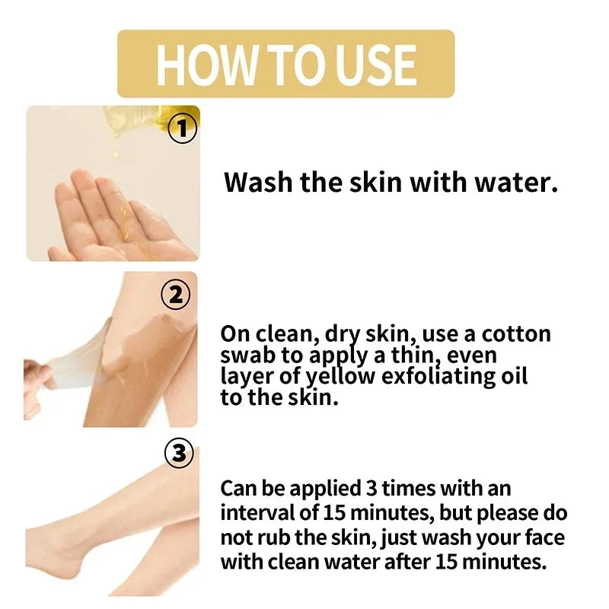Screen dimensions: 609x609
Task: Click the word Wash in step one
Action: click(254, 183)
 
